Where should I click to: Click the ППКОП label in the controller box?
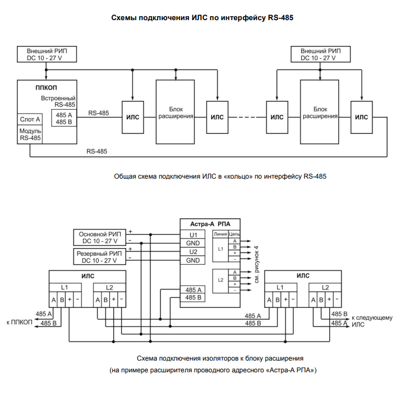tap(46, 88)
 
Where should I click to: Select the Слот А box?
tap(30, 119)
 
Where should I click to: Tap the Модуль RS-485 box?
tap(30, 134)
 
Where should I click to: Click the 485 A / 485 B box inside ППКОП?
tap(64, 118)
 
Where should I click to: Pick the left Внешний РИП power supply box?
tap(47, 54)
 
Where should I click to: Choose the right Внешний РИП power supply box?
tap(321, 54)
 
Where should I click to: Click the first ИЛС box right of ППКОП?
tap(132, 117)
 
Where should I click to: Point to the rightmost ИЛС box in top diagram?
tap(361, 117)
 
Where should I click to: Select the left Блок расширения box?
tap(175, 112)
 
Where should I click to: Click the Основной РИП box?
tap(100, 237)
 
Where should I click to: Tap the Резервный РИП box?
tap(100, 256)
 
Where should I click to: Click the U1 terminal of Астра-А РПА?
tap(193, 235)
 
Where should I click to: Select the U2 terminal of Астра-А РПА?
tap(193, 251)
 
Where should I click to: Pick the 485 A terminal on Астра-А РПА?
tap(193, 289)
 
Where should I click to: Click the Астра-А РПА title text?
tap(210, 224)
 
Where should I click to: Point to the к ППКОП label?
tap(20, 322)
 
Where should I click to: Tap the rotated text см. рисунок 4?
tap(256, 264)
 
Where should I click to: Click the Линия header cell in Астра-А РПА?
tap(220, 234)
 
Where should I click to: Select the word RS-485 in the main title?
tap(280, 18)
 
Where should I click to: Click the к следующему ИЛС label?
tap(372, 321)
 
